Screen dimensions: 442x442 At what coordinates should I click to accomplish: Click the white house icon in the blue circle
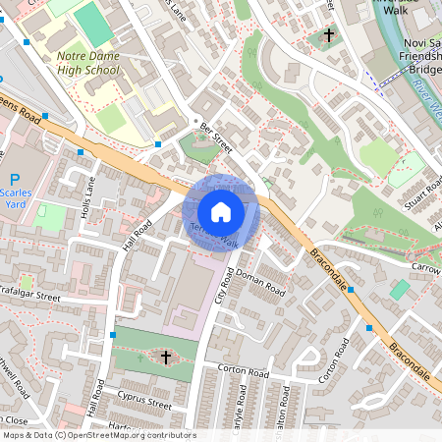221,211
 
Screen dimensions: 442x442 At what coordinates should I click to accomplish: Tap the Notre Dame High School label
87,63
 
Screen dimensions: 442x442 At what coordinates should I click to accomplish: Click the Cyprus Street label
144,405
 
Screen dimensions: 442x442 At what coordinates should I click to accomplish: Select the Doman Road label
260,285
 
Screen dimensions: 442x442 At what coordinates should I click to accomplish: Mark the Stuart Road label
424,197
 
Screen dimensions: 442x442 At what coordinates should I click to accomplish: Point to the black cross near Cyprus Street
165,358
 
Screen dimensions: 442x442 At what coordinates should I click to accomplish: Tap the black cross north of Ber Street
326,38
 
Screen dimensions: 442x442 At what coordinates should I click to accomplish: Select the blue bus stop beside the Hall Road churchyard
115,336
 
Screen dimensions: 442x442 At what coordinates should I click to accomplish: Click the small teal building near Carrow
399,290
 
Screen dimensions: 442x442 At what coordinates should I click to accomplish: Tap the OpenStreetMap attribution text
98,435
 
